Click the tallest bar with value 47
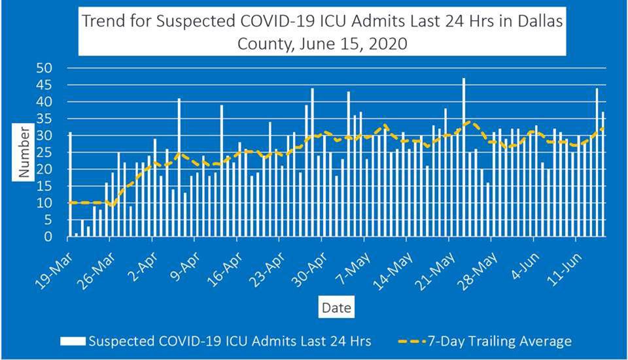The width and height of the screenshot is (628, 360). coord(464,157)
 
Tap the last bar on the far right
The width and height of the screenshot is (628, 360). coord(603,174)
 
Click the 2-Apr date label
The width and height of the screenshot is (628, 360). coord(145,259)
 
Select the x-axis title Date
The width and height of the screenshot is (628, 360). coord(336,307)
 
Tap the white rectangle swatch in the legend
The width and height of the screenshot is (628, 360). coord(73,341)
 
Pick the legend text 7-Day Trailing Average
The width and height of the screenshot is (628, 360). coord(500,341)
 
